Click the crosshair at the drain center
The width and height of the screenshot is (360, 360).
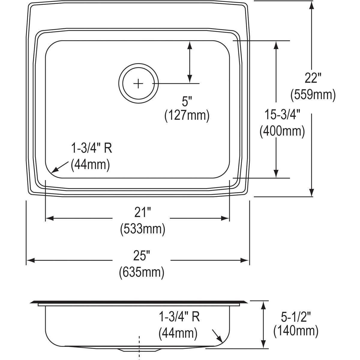tap(138, 83)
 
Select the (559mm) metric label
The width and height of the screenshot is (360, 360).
tap(313, 95)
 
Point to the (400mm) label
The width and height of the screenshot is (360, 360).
tap(282, 131)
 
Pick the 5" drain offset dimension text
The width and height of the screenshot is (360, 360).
tap(187, 101)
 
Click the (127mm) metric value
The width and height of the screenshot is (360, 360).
tap(187, 115)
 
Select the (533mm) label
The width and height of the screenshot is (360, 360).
tap(142, 229)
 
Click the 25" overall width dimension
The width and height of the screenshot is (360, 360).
tap(142, 256)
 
